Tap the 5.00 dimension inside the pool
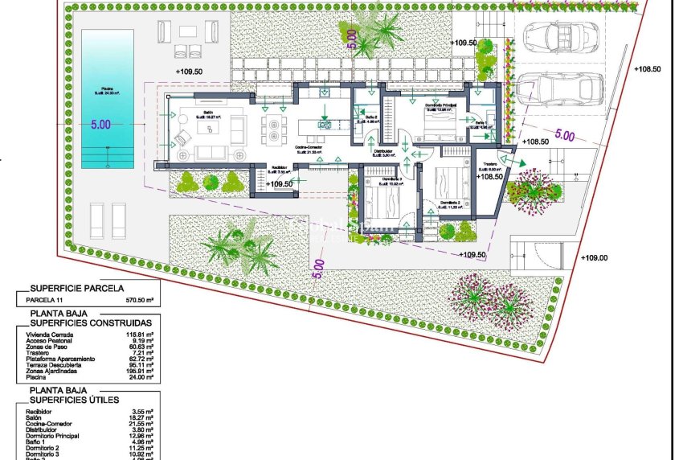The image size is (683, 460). [100, 125]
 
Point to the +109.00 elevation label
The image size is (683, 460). [594, 258]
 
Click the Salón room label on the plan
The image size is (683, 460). [208, 113]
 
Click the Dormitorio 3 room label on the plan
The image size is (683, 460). [380, 178]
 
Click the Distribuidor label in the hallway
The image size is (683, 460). [382, 150]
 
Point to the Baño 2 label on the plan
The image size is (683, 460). [371, 119]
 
